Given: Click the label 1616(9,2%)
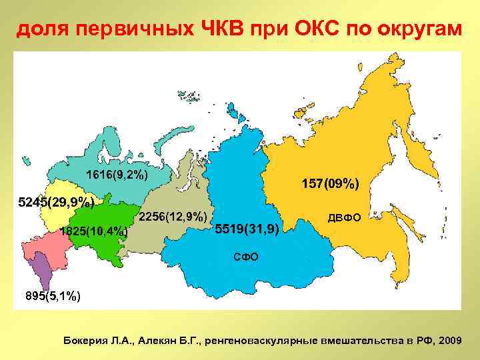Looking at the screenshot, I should click(x=117, y=176).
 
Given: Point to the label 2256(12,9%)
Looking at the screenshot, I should click(x=173, y=216).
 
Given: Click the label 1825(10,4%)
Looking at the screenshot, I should click(x=93, y=231).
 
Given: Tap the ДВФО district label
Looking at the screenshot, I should click(x=344, y=218).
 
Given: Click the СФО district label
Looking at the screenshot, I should click(x=245, y=257).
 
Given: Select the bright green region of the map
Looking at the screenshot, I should click(x=100, y=220).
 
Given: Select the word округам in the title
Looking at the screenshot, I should click(x=412, y=29).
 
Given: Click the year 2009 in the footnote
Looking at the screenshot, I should click(x=447, y=340).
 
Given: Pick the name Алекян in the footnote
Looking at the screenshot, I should click(x=157, y=340).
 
